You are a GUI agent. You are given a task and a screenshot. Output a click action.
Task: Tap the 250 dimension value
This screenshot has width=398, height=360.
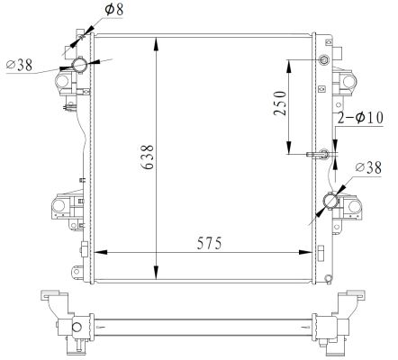pos(279,106)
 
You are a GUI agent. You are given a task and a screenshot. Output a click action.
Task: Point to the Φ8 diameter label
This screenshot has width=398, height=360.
pos(114,10)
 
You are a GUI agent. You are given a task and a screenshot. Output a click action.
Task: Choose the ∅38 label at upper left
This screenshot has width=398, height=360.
pos(20,65)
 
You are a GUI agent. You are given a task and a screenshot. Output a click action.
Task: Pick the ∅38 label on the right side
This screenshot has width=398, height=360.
pos(371,167)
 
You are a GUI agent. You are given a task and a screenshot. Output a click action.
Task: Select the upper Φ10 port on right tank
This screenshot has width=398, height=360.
pos(325,61)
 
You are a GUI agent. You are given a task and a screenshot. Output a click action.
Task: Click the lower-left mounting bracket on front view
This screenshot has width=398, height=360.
pos(62,210)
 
